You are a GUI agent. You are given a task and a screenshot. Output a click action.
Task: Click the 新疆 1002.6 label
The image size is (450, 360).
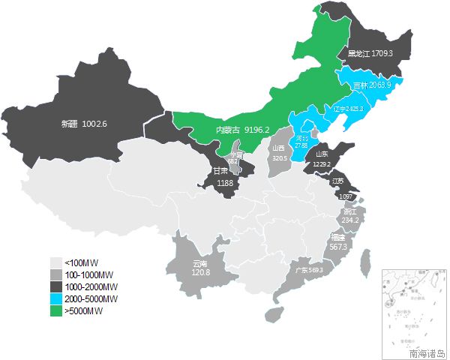tap(85, 123)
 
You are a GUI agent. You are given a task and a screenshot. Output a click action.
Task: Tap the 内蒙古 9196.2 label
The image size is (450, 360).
tap(242, 130)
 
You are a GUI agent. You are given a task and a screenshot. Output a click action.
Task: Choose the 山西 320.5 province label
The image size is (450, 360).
tap(279, 153)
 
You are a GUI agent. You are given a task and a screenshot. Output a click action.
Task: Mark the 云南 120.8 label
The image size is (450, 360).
tap(200, 268)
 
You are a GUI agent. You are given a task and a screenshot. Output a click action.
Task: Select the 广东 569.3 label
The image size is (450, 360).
tap(308, 270)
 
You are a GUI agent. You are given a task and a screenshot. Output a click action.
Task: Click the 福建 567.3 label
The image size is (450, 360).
tap(337, 241)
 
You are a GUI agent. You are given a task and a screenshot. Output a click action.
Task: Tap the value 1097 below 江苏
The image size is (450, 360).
tap(346, 196)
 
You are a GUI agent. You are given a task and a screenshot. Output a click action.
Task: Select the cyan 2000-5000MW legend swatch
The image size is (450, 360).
tap(55, 298)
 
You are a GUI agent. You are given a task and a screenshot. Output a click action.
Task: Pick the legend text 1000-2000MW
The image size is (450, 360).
tap(90, 286)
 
